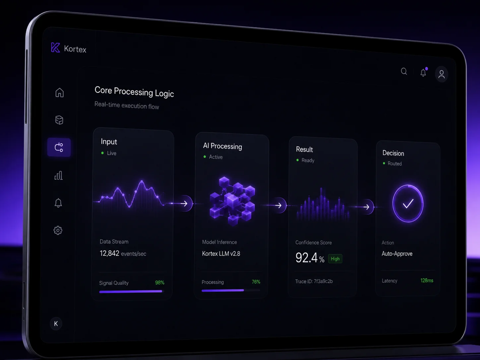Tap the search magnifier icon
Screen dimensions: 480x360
click(x=404, y=72)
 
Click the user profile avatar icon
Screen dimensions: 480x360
click(x=442, y=74)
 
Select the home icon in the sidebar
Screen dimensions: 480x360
click(x=59, y=92)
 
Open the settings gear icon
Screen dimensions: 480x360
click(x=58, y=230)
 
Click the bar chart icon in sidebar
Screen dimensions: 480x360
click(x=59, y=175)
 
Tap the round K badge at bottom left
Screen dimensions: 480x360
click(x=56, y=324)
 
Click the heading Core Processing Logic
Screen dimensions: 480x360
click(x=134, y=91)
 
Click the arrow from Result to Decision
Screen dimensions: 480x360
click(x=366, y=207)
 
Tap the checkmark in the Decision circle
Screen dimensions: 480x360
click(x=408, y=204)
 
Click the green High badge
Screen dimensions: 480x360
click(x=335, y=259)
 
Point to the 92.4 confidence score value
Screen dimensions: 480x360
click(x=306, y=258)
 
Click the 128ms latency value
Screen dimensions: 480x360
click(x=427, y=280)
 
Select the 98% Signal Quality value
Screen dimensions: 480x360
click(x=160, y=283)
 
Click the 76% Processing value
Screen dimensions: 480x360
click(x=256, y=282)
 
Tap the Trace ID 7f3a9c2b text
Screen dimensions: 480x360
click(x=314, y=281)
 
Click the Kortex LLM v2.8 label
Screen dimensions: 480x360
click(x=221, y=254)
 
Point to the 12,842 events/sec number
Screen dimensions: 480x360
click(x=109, y=253)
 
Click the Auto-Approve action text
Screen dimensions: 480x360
click(x=397, y=254)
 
